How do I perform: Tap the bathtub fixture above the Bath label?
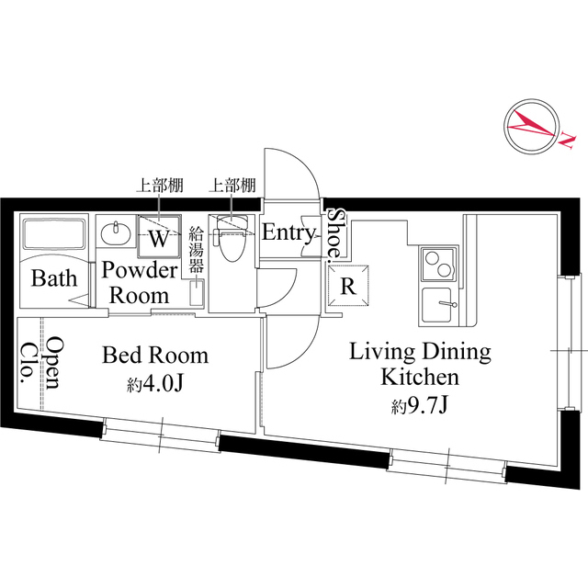pos(52,237)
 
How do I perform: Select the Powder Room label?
pos(138,283)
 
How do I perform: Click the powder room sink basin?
pos(116,233)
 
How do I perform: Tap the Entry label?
pos(288,233)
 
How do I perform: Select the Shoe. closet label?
pos(337,232)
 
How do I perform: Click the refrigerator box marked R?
pos(347,285)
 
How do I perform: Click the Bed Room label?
pos(154,355)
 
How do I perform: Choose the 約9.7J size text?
pos(420,405)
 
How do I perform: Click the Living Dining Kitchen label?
pos(422,364)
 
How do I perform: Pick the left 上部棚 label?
pos(160,186)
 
